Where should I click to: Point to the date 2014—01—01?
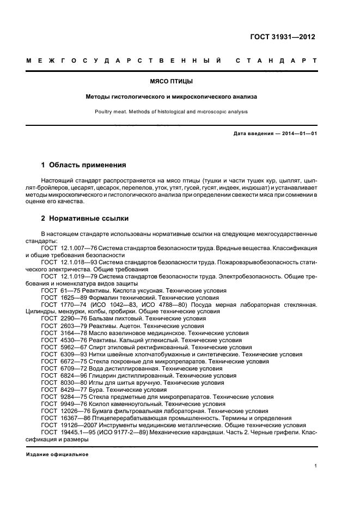[x=297, y=133]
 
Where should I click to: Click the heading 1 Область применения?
[x=84, y=165]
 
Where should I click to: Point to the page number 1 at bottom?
[x=316, y=466]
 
